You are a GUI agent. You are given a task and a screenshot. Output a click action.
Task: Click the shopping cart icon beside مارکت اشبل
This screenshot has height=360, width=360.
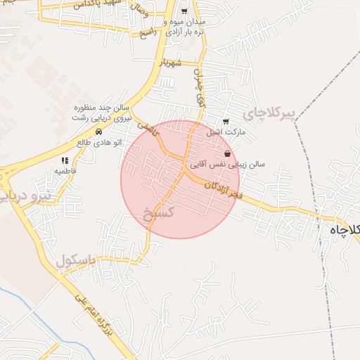pyautogui.click(x=225, y=122)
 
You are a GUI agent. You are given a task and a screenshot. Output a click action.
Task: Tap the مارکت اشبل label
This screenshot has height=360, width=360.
pyautogui.click(x=224, y=131)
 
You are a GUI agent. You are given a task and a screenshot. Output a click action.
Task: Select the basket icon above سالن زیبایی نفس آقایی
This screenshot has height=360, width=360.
pyautogui.click(x=227, y=153)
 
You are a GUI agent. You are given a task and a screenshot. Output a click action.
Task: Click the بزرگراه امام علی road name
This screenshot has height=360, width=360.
pyautogui.click(x=98, y=323)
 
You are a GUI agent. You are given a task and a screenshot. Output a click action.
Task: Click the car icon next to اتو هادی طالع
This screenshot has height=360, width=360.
pyautogui.click(x=99, y=131)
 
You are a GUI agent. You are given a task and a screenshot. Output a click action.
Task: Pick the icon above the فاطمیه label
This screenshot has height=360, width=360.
pyautogui.click(x=65, y=161)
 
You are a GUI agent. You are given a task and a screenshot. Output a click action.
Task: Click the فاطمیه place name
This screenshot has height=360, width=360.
pyautogui.click(x=65, y=171)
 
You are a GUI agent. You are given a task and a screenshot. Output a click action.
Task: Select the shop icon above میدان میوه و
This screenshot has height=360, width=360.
pyautogui.click(x=184, y=12)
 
